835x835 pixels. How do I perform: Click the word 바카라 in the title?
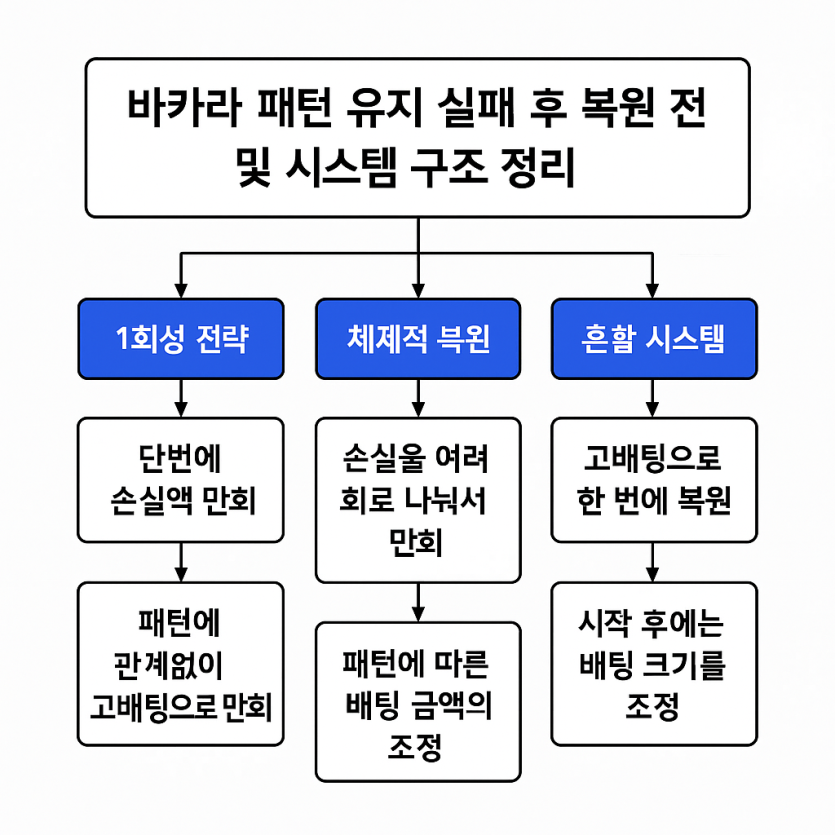tap(184, 107)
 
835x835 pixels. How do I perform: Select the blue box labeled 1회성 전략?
tap(181, 339)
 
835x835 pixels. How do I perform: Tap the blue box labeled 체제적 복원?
tap(418, 339)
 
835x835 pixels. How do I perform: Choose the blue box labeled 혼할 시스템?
tap(654, 339)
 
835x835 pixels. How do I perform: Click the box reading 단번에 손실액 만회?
tap(181, 480)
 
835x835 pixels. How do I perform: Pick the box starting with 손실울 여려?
tap(418, 500)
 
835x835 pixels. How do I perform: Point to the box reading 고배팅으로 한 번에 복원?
tap(654, 480)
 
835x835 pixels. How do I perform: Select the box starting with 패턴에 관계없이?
tap(181, 664)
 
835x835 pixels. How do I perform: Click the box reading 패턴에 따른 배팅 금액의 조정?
tap(418, 702)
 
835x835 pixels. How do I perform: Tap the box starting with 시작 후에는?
tap(654, 664)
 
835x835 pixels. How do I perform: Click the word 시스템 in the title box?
tap(341, 167)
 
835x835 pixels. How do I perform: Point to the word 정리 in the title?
tap(537, 167)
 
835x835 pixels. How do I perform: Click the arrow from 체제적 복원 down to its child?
tap(418, 398)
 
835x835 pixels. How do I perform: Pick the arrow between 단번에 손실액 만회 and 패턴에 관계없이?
tap(181, 562)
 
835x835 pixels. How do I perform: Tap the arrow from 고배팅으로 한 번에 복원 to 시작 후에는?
tap(652, 562)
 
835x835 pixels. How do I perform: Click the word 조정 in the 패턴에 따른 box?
tap(415, 748)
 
